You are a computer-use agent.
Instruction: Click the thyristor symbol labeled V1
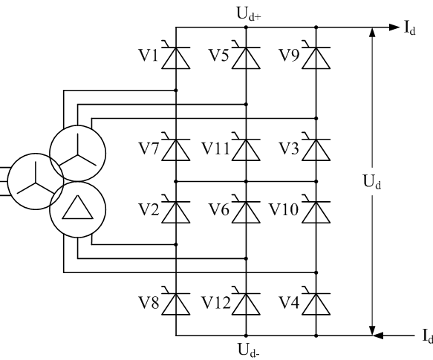pyautogui.click(x=175, y=56)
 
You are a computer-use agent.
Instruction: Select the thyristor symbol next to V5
pyautogui.click(x=246, y=56)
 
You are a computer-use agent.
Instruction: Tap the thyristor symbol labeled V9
pyautogui.click(x=316, y=56)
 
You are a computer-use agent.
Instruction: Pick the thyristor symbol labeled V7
pyautogui.click(x=175, y=148)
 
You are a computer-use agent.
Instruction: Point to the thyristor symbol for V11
pyautogui.click(x=246, y=148)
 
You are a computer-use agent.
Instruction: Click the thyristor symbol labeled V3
pyautogui.click(x=316, y=148)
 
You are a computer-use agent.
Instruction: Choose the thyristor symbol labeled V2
pyautogui.click(x=175, y=212)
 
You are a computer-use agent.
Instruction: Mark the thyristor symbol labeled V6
pyautogui.click(x=246, y=212)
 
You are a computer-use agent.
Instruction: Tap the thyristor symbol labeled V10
pyautogui.click(x=316, y=212)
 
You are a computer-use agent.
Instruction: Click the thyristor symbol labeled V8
pyautogui.click(x=175, y=304)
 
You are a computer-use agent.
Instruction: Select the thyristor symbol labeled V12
pyautogui.click(x=246, y=304)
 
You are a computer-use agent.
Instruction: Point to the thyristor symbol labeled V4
pyautogui.click(x=316, y=304)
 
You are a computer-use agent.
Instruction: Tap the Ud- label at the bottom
pyautogui.click(x=246, y=349)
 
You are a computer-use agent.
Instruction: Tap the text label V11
pyautogui.click(x=218, y=148)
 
